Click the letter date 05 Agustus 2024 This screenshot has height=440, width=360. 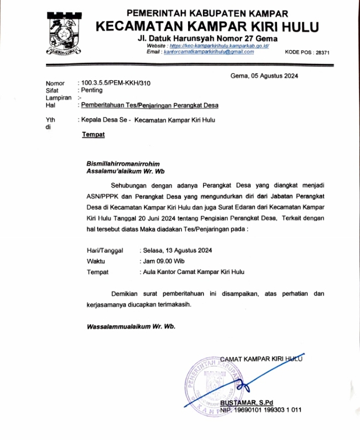pos(272,76)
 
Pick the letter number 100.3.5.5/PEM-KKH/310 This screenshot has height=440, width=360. pos(115,83)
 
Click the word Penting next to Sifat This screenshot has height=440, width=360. pos(92,91)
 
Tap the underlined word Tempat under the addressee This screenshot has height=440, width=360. pos(93,135)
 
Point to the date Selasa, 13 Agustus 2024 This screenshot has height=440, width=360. pos(177,250)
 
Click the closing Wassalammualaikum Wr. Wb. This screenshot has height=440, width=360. pos(131,326)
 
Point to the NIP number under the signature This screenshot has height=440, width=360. pos(261,410)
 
